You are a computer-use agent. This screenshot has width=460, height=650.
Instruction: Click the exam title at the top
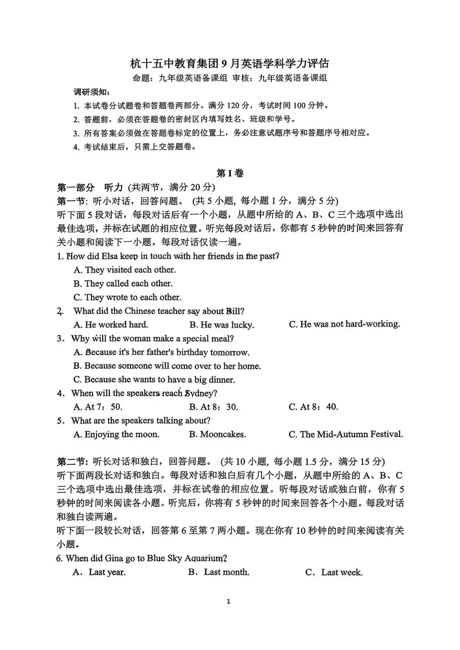point(230,63)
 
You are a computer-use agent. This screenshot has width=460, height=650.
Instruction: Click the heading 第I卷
point(230,173)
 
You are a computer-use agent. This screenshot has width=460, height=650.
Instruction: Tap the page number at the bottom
point(229,601)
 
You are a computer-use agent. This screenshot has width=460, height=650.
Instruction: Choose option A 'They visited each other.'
point(125,270)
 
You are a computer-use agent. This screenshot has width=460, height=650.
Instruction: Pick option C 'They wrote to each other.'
point(127,297)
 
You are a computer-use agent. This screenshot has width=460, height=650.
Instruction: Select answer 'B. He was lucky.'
point(221,325)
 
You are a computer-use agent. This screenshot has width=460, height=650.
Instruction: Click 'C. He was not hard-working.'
point(344,324)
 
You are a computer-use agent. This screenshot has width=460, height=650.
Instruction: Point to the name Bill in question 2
point(235,311)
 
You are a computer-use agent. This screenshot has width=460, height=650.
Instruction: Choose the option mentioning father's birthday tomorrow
point(161,352)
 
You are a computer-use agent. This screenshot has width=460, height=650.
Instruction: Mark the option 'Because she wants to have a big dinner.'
point(154,380)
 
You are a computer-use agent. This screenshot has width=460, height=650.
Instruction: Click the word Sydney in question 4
point(201,393)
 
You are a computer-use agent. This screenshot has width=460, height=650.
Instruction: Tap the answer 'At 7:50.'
point(98,407)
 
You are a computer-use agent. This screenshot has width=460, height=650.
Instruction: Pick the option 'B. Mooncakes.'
point(217,434)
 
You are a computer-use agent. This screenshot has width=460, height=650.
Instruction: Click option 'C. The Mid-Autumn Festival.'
point(345,434)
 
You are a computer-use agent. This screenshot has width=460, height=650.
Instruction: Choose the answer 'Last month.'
point(219,572)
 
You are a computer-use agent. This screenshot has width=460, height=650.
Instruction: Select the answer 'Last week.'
point(334,573)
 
